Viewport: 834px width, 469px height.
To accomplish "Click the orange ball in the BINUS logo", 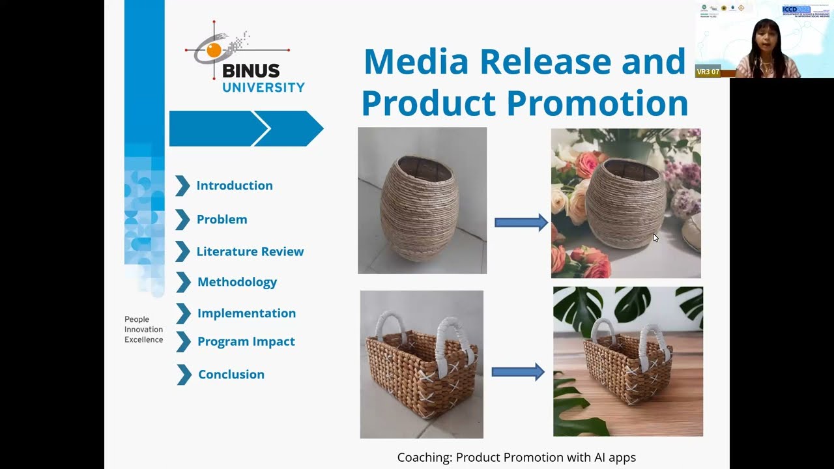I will tap(213, 50).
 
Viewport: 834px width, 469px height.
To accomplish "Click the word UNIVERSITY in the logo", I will tap(263, 87).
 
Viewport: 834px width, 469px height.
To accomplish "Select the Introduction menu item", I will tap(235, 186).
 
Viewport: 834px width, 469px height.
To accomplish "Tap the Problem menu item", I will tap(222, 220).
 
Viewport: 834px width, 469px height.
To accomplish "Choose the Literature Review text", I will tap(250, 251).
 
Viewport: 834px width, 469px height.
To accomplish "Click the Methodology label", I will tap(237, 282).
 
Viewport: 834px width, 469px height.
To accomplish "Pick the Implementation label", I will tap(246, 313).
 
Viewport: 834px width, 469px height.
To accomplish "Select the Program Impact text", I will tap(246, 341).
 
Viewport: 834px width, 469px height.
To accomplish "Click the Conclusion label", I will tap(231, 375).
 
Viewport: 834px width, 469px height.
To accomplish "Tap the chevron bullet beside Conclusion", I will tap(184, 375).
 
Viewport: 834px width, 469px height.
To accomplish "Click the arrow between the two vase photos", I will tap(521, 223).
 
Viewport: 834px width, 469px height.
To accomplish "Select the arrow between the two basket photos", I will tap(517, 372).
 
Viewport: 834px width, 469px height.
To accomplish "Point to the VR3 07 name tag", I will tap(708, 72).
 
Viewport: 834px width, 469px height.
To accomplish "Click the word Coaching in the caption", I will tap(424, 457).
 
